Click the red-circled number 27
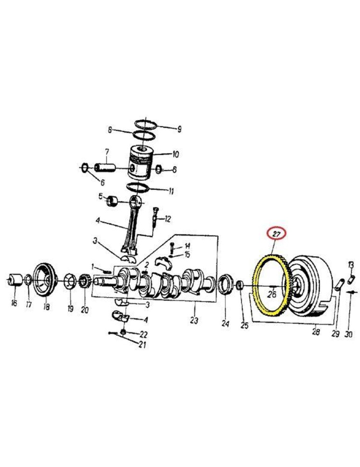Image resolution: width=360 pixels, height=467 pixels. [276, 234]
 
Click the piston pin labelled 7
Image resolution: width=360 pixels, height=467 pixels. [105, 167]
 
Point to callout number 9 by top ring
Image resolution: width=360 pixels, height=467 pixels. [179, 129]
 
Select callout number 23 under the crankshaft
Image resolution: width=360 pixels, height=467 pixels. [194, 321]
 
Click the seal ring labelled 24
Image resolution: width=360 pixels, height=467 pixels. [225, 285]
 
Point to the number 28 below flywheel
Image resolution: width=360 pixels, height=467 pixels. [316, 331]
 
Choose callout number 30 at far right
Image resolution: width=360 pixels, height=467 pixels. [348, 334]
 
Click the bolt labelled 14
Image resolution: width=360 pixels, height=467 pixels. [172, 248]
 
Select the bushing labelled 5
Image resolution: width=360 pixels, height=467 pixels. [113, 201]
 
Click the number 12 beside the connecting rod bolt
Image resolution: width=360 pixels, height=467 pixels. [168, 219]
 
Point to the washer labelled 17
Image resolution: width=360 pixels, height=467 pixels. [28, 279]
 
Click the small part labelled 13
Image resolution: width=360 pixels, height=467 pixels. [352, 279]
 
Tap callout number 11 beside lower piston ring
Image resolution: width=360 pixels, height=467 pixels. [171, 191]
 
